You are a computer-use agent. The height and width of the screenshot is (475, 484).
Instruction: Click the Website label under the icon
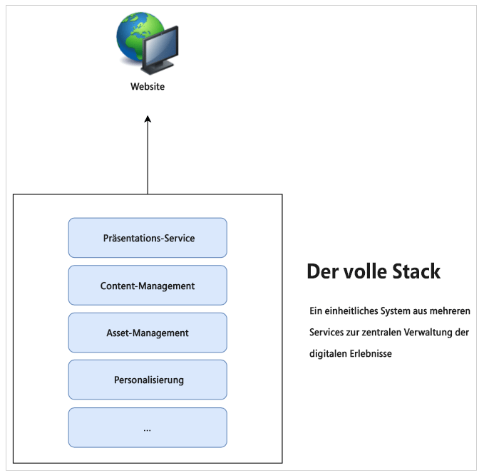[x=148, y=87]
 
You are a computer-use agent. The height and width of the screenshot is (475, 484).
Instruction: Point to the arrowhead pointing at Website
[x=148, y=120]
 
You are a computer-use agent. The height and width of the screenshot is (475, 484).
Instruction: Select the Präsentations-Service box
[x=148, y=238]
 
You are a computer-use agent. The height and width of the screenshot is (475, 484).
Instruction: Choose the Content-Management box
[x=148, y=286]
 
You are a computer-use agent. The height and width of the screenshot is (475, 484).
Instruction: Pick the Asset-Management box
[x=148, y=333]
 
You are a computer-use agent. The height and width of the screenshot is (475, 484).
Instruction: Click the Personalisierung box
[x=148, y=380]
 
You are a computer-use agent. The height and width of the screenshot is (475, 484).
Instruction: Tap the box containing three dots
[x=148, y=427]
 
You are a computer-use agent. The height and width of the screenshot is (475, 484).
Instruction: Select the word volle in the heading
[x=360, y=272]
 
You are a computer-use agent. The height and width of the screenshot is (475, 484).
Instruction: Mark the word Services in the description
[x=326, y=333]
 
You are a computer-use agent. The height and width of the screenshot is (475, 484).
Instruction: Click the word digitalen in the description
[x=326, y=353]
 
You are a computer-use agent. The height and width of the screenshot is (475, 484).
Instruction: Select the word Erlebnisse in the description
[x=369, y=353]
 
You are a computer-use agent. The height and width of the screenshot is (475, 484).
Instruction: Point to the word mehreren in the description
[x=449, y=311]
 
